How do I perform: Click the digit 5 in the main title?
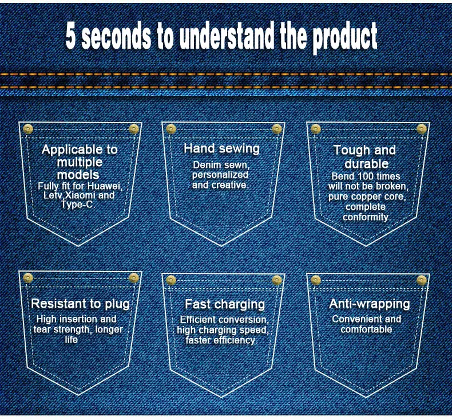coord(72,37)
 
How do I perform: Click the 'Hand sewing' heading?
coord(221,149)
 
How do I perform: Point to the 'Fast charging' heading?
coord(225,304)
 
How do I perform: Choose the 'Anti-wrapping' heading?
coord(370,304)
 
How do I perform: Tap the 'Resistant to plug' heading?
coord(80,304)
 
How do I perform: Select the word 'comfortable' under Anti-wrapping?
coord(366,329)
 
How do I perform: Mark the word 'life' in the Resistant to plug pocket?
coord(71,340)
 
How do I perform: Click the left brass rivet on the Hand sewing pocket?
coord(171,128)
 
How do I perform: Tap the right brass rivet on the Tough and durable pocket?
coord(422,128)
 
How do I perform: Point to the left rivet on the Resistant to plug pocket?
coord(28,278)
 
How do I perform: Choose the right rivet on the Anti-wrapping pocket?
coord(422,280)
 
